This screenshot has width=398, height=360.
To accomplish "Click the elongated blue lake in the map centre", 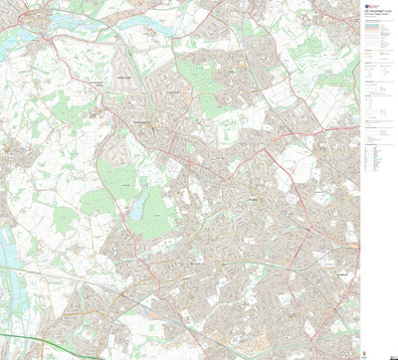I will coord(137,205).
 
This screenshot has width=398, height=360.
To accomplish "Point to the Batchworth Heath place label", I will coord(95,111).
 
